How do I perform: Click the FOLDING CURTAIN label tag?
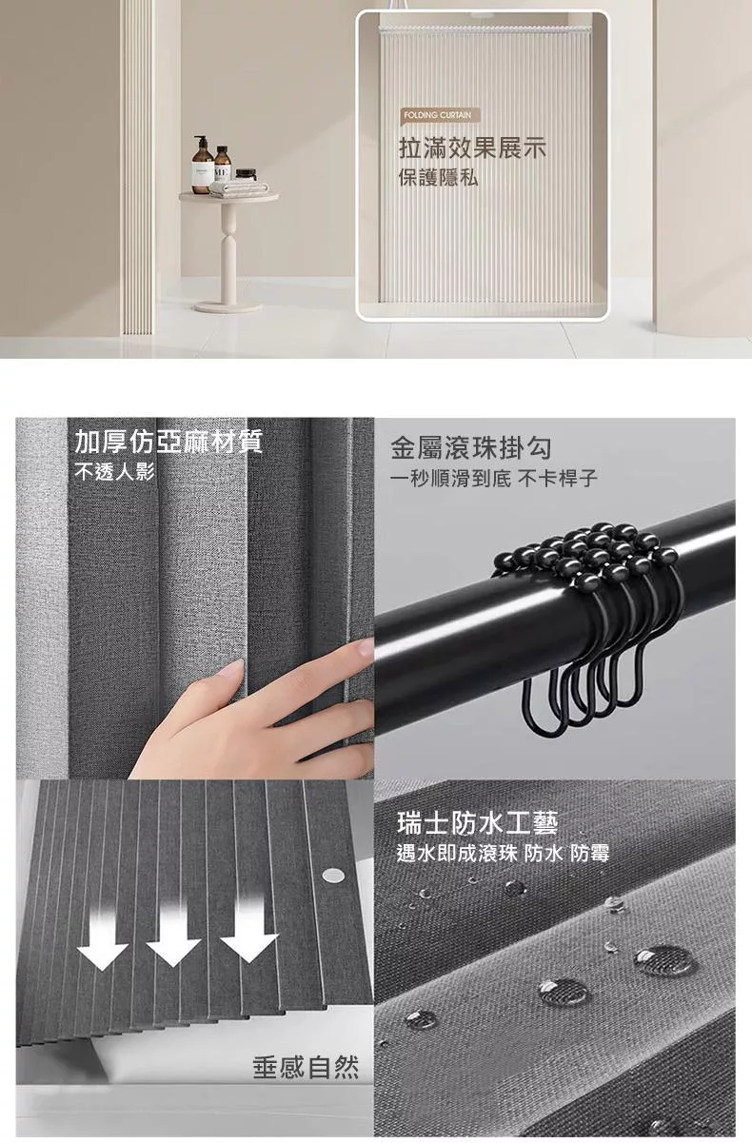pos(440,115)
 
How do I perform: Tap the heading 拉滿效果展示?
pos(472,148)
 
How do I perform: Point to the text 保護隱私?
pos(438,178)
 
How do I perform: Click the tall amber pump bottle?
pos(202,165)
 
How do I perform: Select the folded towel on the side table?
pos(239,187)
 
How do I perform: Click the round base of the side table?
pos(228,306)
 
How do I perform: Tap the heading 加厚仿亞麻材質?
pos(168,441)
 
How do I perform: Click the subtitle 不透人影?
pos(114,471)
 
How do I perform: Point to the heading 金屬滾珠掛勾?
pos(470,448)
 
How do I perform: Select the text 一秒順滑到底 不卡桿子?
pos(494,479)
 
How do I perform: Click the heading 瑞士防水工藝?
pos(477,823)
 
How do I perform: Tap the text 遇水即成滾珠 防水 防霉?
pos(503,854)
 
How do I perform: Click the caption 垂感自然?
pos(306,1067)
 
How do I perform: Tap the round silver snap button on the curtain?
pos(333,876)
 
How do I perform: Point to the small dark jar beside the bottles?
pos(246,175)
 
